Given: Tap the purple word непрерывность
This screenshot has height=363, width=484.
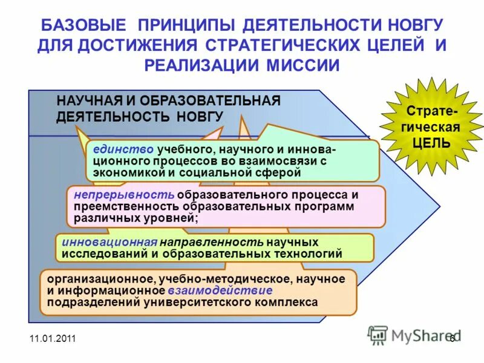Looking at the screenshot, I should click(x=124, y=195).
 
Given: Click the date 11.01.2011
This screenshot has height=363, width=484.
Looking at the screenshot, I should click(x=52, y=339).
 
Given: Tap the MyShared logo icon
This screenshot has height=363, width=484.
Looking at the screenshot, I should click(x=378, y=335).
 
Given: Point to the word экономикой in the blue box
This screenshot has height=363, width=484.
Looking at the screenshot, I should click(x=119, y=172).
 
